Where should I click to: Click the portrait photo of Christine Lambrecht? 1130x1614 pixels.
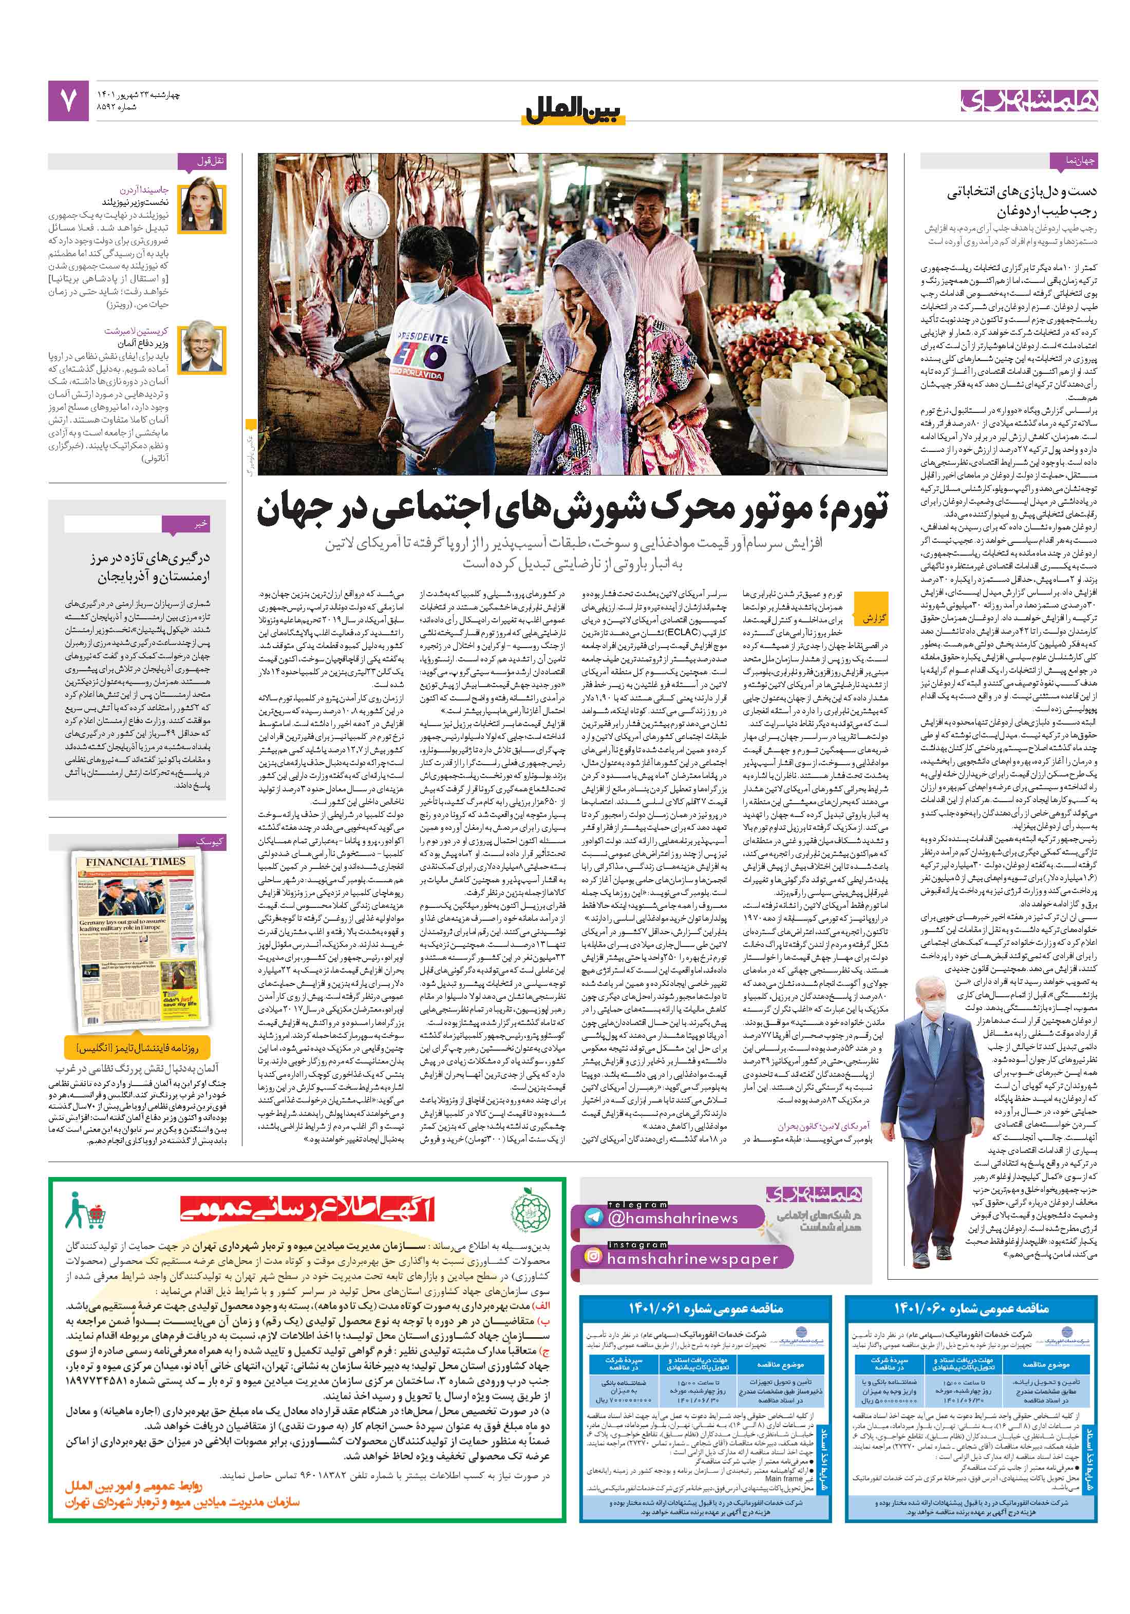coord(202,347)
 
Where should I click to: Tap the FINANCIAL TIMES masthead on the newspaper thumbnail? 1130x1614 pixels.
coord(135,862)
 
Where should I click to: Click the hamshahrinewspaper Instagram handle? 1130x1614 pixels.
coord(692,1258)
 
